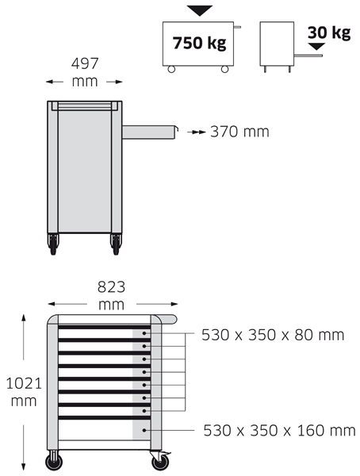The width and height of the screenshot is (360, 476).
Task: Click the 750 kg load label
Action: click(x=199, y=43)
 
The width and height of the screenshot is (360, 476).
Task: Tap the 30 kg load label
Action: click(x=329, y=33)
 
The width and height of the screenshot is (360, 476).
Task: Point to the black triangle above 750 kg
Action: click(x=199, y=10)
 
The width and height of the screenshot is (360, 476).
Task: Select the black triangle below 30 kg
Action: click(x=316, y=47)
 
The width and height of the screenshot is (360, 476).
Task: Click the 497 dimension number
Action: click(x=85, y=63)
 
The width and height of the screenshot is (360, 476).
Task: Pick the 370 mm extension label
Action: click(x=239, y=132)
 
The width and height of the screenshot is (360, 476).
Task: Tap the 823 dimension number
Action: click(x=111, y=287)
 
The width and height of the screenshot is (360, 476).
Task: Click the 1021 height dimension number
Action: click(x=24, y=384)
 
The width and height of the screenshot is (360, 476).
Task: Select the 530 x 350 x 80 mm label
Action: click(x=273, y=335)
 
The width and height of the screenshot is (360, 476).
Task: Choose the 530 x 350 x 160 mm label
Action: click(x=279, y=431)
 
